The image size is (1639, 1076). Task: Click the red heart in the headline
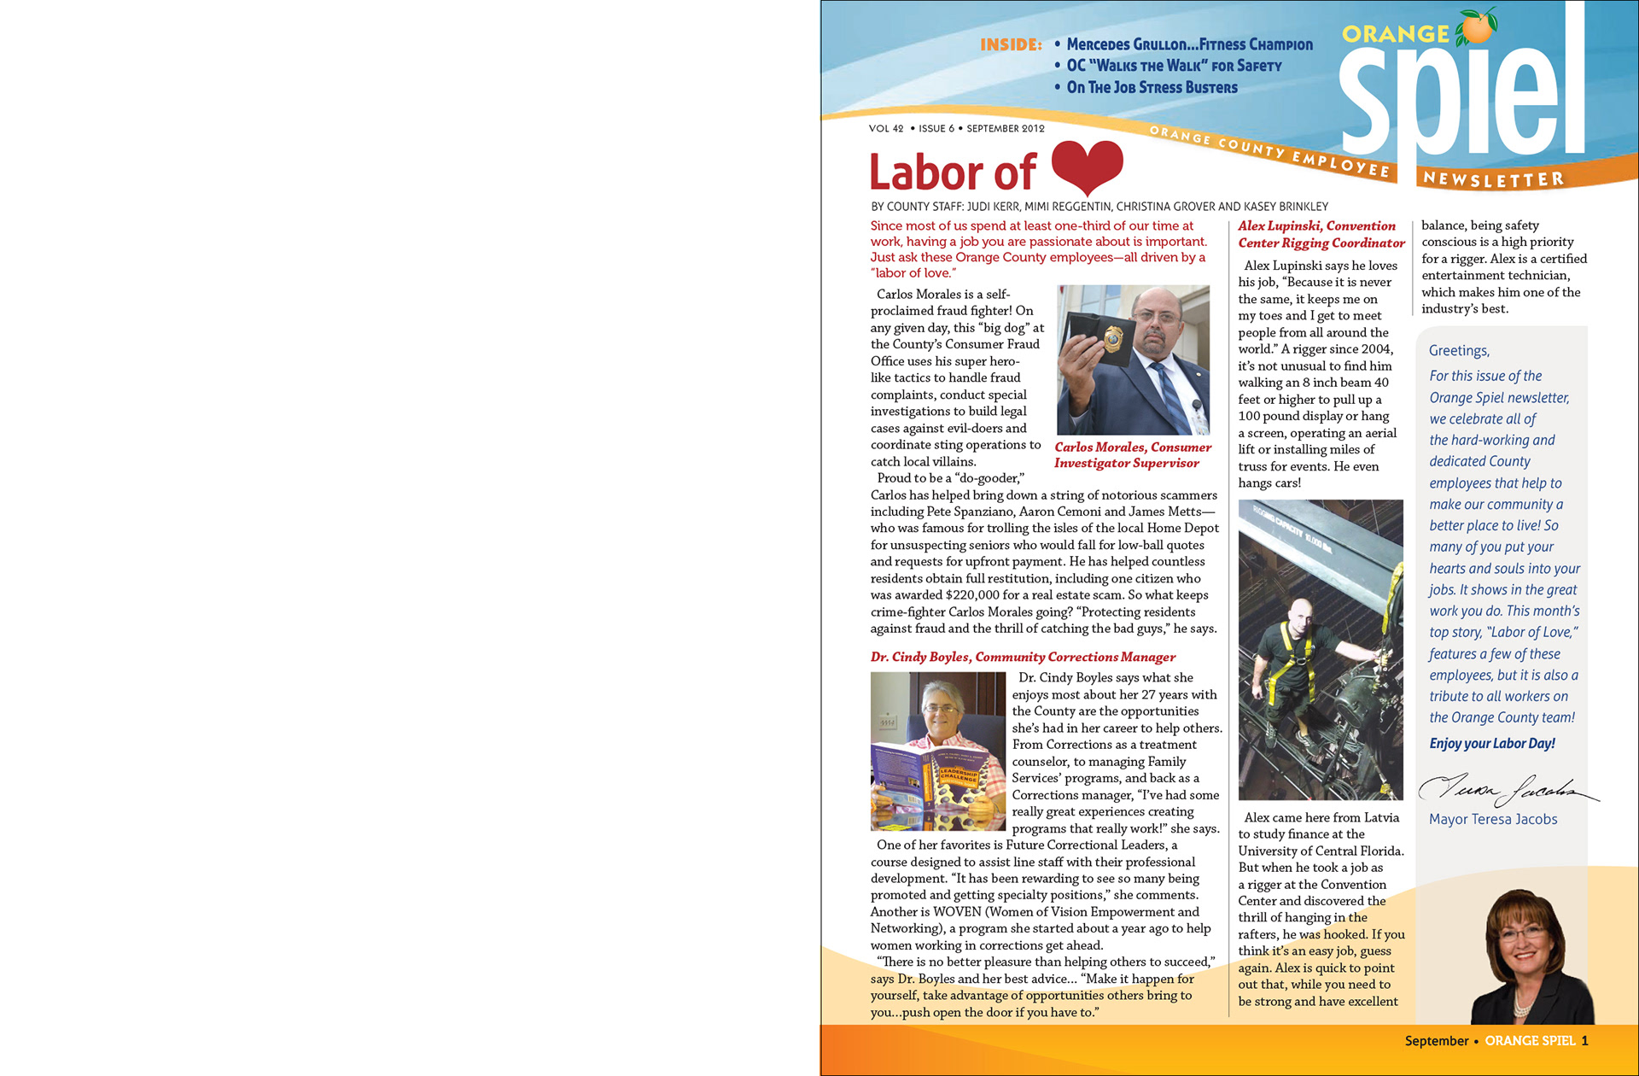pyautogui.click(x=1087, y=166)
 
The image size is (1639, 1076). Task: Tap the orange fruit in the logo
pyautogui.click(x=1477, y=27)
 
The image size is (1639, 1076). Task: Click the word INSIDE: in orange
pyautogui.click(x=1011, y=45)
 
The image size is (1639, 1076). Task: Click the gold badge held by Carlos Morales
pyautogui.click(x=1114, y=340)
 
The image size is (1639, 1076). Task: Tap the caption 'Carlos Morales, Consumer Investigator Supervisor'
pyautogui.click(x=1132, y=455)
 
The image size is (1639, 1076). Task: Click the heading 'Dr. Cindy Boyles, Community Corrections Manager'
pyautogui.click(x=1023, y=657)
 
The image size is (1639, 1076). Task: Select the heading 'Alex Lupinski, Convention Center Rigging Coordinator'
pyautogui.click(x=1321, y=234)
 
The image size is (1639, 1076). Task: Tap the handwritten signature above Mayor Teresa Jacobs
pyautogui.click(x=1507, y=789)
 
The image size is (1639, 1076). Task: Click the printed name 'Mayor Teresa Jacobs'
pyautogui.click(x=1493, y=819)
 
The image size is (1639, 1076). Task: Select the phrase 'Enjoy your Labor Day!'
pyautogui.click(x=1492, y=743)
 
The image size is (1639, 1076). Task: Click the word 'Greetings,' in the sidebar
pyautogui.click(x=1459, y=351)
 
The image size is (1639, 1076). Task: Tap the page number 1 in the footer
pyautogui.click(x=1584, y=1041)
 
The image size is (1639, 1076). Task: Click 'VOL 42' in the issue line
pyautogui.click(x=886, y=129)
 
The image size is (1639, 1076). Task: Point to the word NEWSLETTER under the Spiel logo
pyautogui.click(x=1493, y=179)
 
